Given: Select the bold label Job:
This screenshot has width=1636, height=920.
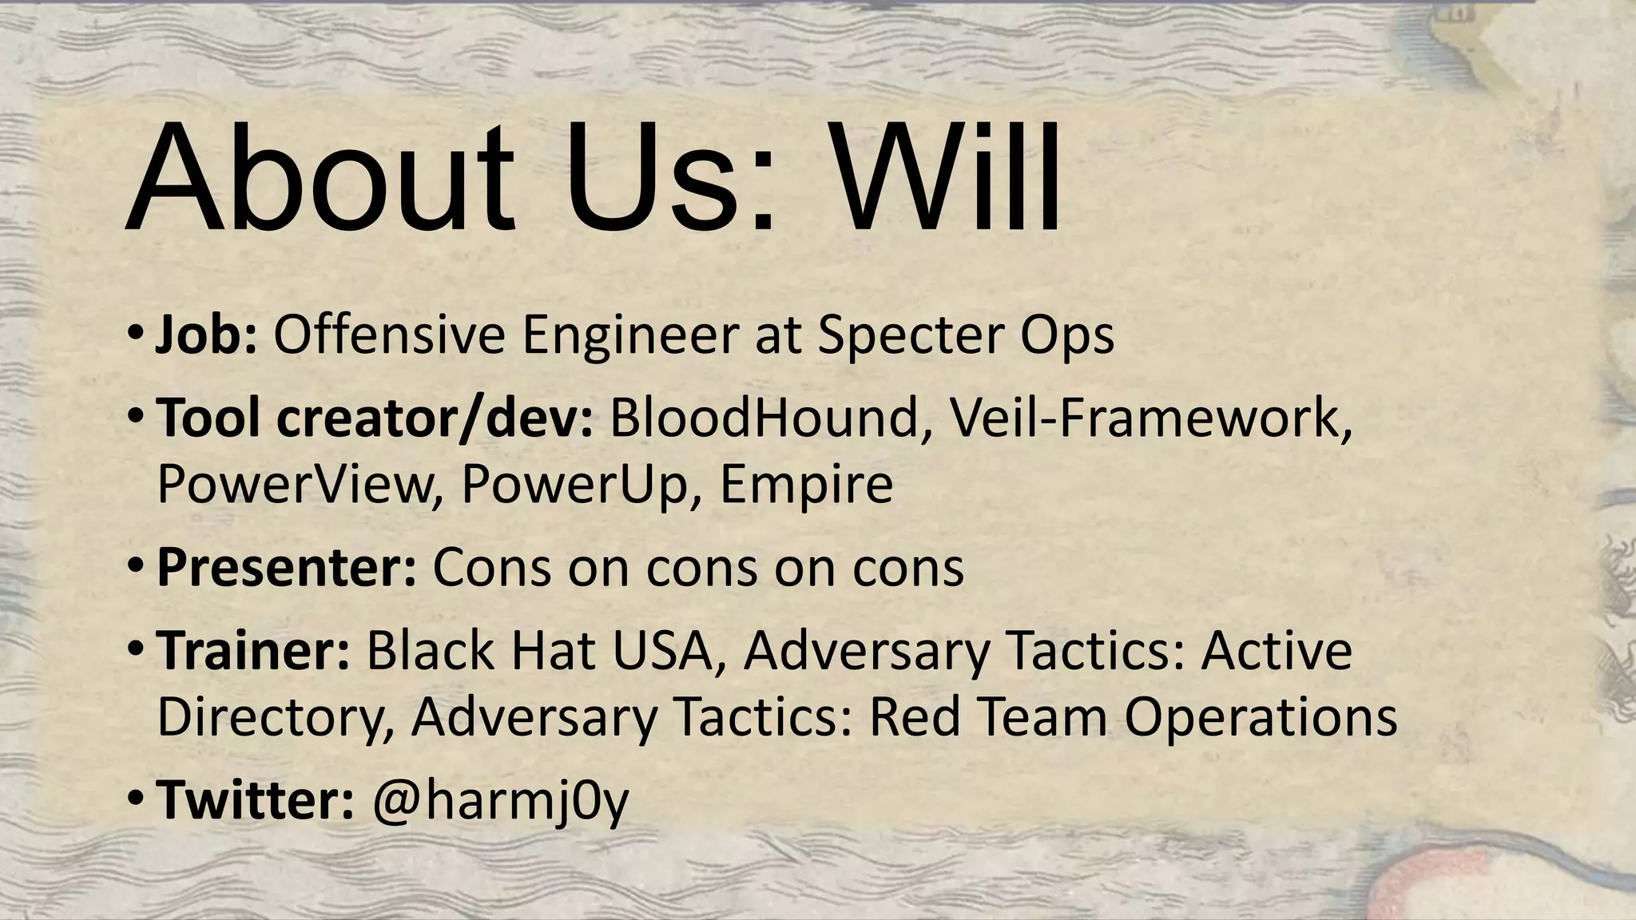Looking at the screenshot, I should tap(206, 335).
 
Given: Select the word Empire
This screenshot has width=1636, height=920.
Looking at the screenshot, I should tap(806, 484).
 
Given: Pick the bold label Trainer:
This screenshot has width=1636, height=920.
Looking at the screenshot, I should tap(253, 650).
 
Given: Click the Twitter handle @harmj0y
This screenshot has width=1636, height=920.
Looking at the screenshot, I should tap(501, 801).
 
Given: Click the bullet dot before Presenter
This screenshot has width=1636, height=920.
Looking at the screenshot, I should tap(136, 569).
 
